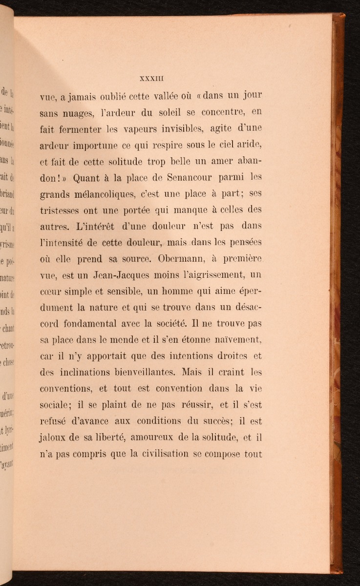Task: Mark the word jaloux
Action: pyautogui.click(x=52, y=437)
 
